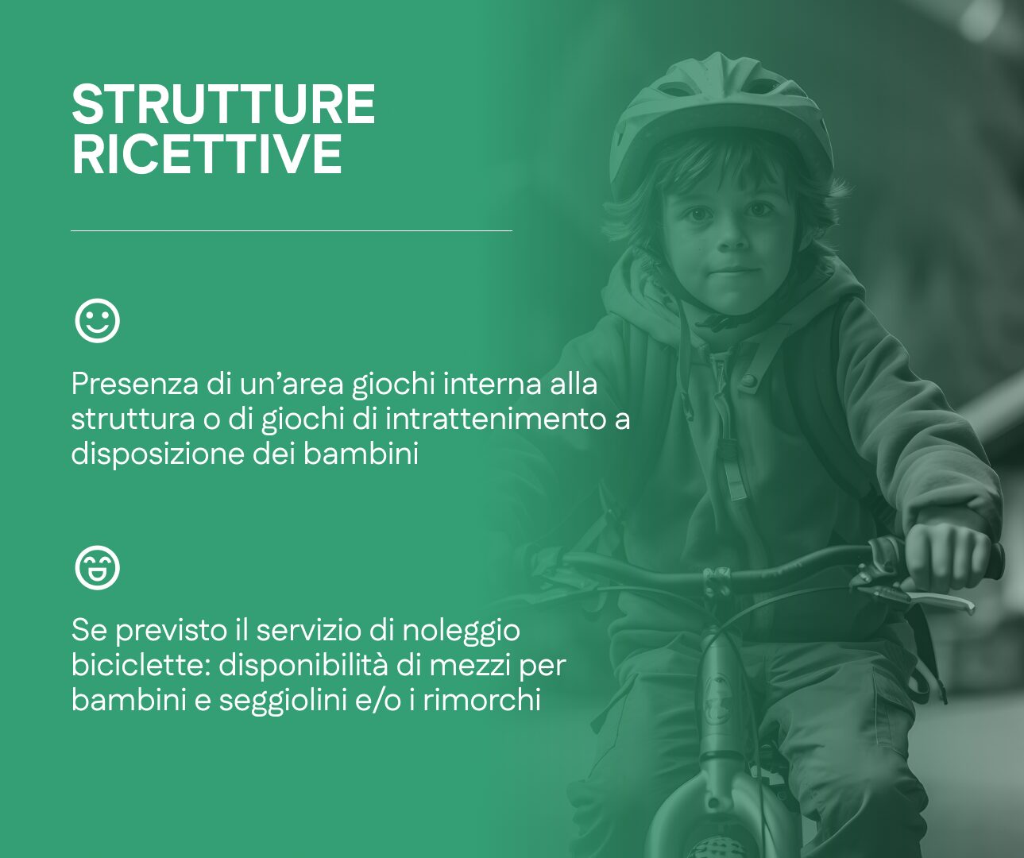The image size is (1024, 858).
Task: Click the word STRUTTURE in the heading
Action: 224,105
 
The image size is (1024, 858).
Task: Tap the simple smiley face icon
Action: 97,320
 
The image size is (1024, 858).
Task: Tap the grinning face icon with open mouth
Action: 97,567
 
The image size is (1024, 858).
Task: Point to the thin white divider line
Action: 292,230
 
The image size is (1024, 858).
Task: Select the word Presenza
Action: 135,384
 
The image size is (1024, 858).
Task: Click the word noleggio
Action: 461,632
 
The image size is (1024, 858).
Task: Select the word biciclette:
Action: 141,666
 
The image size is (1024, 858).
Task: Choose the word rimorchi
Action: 481,700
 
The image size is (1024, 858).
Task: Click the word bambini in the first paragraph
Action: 361,454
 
